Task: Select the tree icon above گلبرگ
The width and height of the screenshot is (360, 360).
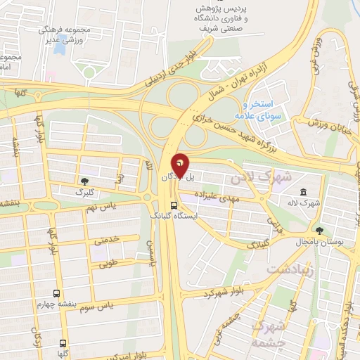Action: tap(86, 181)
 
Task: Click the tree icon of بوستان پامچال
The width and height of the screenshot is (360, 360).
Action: tap(319, 231)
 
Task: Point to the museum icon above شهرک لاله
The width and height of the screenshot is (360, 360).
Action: tap(303, 192)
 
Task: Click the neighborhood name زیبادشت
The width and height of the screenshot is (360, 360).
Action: tap(289, 269)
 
